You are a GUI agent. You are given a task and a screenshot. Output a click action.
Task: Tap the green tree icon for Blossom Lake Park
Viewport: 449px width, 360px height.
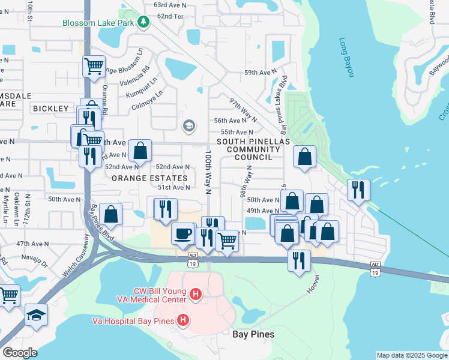click(x=143, y=23)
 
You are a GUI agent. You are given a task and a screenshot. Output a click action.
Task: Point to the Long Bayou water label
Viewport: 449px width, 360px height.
click(x=347, y=58)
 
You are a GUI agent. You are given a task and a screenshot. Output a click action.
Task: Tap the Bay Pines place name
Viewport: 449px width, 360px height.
click(x=253, y=334)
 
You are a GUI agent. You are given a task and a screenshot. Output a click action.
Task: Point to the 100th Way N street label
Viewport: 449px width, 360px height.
click(x=209, y=173)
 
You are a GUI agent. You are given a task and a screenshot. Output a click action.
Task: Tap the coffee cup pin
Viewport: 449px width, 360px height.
click(x=183, y=233)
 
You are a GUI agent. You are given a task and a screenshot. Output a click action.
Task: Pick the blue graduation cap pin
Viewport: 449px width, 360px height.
click(x=36, y=315)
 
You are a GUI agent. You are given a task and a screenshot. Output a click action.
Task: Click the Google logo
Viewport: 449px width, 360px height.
click(x=20, y=352)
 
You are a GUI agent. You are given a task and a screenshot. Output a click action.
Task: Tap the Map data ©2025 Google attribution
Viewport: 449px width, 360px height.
click(x=412, y=355)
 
